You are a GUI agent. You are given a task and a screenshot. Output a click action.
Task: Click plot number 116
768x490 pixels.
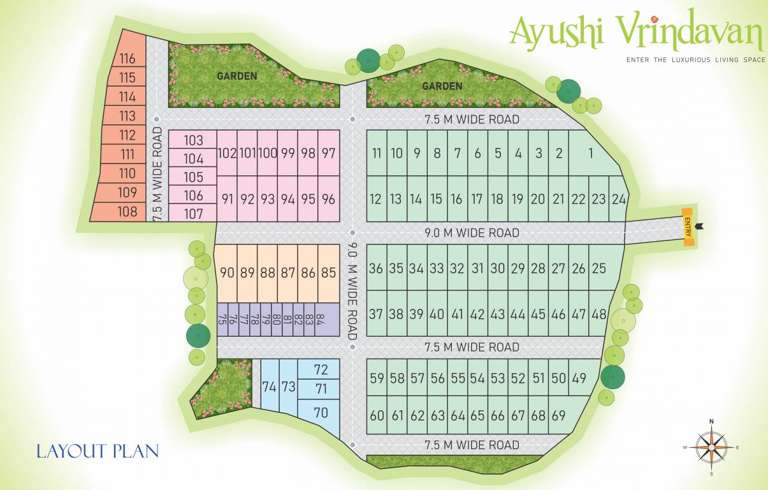[x=127, y=59]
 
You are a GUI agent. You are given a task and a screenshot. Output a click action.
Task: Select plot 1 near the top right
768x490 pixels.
[x=591, y=153]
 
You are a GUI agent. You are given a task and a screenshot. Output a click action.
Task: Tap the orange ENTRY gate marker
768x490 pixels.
[x=688, y=226]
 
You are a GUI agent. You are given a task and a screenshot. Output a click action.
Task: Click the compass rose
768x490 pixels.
[x=711, y=447]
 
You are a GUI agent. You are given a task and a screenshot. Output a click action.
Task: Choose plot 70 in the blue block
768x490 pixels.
[x=321, y=413]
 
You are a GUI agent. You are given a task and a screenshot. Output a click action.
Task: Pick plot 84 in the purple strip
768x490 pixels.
[x=320, y=320]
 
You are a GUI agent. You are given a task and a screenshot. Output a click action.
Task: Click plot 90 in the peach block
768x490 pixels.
[x=227, y=272]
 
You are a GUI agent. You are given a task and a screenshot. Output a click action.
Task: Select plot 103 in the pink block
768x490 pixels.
[x=194, y=141]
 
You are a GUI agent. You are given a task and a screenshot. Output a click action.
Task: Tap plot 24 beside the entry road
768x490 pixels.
[x=618, y=199]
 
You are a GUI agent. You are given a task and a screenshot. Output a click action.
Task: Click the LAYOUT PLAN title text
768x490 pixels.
[x=98, y=451]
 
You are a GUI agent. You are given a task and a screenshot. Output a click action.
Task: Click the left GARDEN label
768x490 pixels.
[x=237, y=76]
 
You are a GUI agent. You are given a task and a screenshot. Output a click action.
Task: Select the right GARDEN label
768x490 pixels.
[x=442, y=86]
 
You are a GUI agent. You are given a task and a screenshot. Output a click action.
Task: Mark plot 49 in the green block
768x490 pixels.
[x=579, y=378]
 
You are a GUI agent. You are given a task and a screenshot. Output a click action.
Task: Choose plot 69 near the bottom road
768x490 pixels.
[x=558, y=416]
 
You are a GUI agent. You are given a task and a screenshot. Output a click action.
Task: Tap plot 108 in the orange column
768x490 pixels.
[x=127, y=212]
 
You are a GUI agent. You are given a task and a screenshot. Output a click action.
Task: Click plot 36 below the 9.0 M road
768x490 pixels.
[x=376, y=269]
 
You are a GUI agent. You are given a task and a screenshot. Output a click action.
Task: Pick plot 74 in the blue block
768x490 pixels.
[x=269, y=387]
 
